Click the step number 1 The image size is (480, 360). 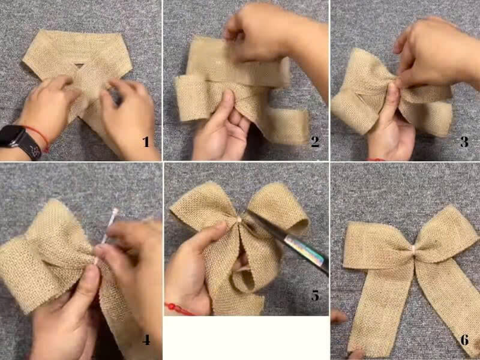coord(146,142)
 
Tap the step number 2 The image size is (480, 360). coord(315,141)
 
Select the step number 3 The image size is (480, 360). coord(464,142)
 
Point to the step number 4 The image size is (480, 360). coord(146,340)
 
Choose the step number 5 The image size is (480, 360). coord(316,295)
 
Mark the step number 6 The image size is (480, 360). coord(464,340)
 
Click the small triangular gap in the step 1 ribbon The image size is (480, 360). coord(79,65)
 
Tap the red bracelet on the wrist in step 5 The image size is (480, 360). coord(179,308)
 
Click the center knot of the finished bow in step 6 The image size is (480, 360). coord(413,250)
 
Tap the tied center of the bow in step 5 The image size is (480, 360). coord(239,220)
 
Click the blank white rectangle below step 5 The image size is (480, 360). coord(247,338)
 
